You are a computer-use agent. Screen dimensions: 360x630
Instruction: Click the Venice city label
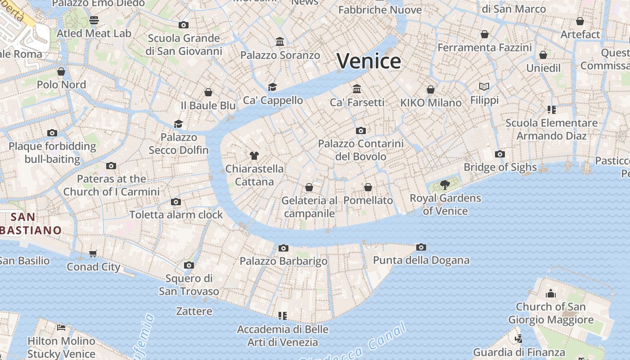(x=369, y=61)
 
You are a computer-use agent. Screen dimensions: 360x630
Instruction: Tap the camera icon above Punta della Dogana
(x=421, y=247)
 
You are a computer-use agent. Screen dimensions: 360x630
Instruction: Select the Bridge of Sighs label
(x=500, y=167)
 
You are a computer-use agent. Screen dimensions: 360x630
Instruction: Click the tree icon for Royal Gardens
(x=445, y=184)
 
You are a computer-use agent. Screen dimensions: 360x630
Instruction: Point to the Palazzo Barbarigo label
(x=283, y=261)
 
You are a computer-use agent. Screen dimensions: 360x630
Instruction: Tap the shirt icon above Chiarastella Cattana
(x=254, y=156)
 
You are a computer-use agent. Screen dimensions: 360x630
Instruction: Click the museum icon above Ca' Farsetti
(x=357, y=88)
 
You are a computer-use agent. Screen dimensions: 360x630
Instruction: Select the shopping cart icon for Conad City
(x=93, y=253)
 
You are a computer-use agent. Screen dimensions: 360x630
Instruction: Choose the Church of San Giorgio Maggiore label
(x=551, y=313)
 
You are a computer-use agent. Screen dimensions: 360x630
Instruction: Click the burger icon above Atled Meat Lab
(x=94, y=20)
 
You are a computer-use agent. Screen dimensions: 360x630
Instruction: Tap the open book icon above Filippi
(x=484, y=86)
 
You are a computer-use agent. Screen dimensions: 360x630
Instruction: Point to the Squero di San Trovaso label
(x=189, y=284)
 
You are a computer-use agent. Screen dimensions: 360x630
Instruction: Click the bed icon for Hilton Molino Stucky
(x=61, y=327)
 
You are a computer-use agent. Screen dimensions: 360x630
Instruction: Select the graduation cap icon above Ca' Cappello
(x=272, y=86)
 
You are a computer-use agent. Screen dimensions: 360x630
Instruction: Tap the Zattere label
(x=194, y=311)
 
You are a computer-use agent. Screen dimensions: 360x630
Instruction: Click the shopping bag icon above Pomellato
(x=368, y=187)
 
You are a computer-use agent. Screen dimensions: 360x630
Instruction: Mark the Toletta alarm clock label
(x=176, y=215)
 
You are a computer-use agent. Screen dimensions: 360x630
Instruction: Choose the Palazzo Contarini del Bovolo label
(x=361, y=150)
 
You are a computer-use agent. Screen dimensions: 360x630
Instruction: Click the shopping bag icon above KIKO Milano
(x=431, y=89)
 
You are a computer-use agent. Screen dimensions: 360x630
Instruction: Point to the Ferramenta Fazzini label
(x=485, y=47)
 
